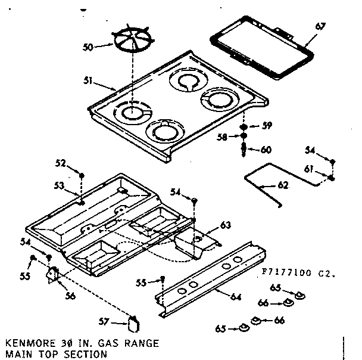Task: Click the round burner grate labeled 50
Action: point(133,42)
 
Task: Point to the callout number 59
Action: point(267,125)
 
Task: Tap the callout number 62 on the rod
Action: point(283,185)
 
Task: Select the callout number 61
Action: point(308,170)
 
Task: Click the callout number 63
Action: point(224,225)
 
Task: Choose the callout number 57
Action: point(104,322)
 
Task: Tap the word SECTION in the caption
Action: point(89,354)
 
